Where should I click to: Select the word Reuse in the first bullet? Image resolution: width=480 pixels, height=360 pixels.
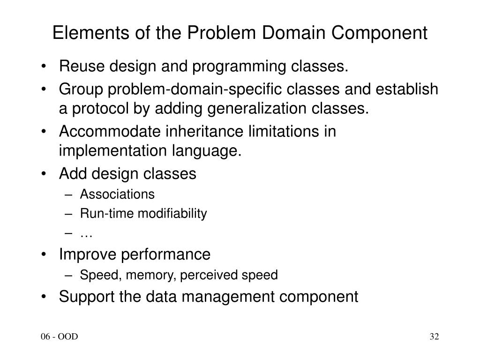tap(76, 67)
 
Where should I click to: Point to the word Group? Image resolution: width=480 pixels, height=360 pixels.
tap(76, 89)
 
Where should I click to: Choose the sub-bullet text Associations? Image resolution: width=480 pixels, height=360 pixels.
tap(117, 194)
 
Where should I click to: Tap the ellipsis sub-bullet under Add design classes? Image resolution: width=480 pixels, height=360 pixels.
tap(86, 234)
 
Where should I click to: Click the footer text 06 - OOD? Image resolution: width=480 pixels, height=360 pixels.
tap(59, 337)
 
